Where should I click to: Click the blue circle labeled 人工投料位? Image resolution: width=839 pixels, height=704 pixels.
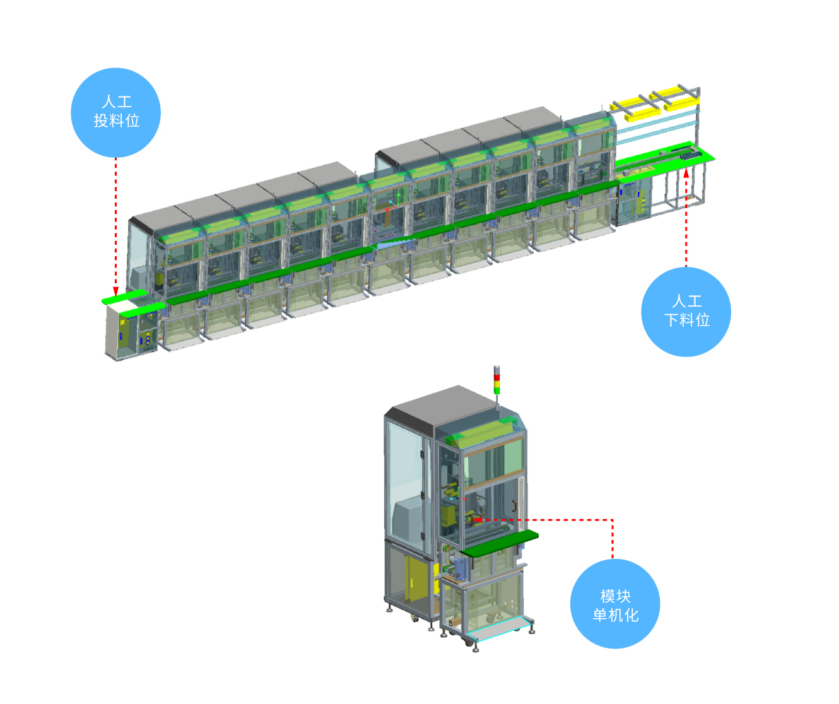point(115,112)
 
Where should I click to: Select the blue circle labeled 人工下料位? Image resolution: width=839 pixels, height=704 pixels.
point(686,312)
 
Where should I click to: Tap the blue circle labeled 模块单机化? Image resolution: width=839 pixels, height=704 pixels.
point(615,604)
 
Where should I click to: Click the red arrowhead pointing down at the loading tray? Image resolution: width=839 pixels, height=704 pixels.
point(115,291)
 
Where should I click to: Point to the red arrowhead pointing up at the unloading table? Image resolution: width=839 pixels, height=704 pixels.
point(686,173)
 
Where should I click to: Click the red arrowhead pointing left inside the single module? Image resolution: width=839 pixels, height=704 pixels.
point(476,520)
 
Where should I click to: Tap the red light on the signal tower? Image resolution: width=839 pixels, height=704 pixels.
point(496,377)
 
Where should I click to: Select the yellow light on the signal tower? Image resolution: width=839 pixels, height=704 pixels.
point(496,384)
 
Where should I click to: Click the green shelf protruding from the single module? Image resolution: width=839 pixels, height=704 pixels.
point(500,543)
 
